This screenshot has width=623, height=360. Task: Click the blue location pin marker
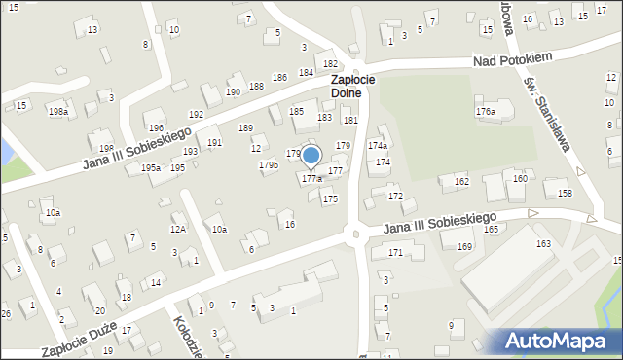point(311,156)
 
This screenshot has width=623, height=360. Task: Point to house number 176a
point(486,113)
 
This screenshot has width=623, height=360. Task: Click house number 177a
point(311,179)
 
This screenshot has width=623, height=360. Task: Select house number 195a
point(150,168)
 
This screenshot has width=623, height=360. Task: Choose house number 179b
point(269,165)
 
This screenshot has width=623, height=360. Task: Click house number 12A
point(178,230)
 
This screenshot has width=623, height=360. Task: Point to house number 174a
point(377,145)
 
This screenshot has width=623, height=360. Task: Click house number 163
point(543,243)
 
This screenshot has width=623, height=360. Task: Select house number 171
point(395,253)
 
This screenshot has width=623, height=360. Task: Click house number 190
point(233,91)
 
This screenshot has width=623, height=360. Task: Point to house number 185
point(296,112)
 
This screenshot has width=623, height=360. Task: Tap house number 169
point(464,247)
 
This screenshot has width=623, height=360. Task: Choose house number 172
point(395,197)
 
